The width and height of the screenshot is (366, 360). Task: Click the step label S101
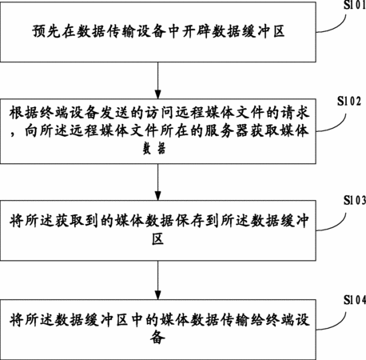[x=355, y=5]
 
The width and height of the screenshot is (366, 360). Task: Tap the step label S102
[x=349, y=101]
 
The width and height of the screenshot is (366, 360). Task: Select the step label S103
[x=355, y=200]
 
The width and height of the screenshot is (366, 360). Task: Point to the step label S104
[x=355, y=300]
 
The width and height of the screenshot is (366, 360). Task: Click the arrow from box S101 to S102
[x=158, y=80]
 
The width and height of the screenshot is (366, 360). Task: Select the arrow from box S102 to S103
[x=158, y=182]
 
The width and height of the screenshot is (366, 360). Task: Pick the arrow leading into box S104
[x=158, y=280]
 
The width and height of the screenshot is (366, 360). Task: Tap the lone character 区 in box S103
[x=158, y=238]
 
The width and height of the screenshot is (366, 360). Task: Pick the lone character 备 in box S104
[x=157, y=337]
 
